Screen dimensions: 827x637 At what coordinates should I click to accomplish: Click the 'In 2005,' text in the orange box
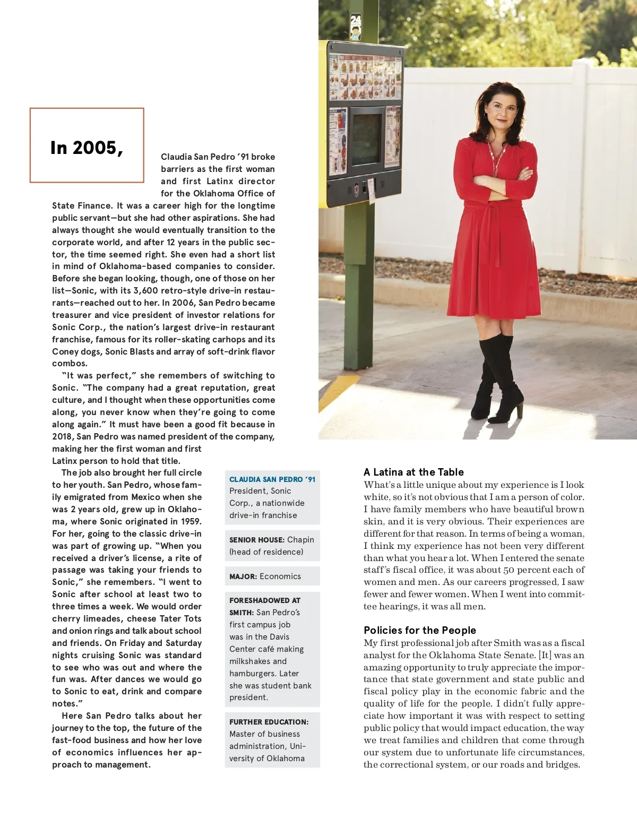coord(87,148)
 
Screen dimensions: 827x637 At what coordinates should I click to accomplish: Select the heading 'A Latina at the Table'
coord(414,472)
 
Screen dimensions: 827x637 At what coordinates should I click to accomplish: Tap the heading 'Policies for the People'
coord(419,630)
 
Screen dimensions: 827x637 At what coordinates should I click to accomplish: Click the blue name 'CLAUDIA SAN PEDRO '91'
coord(272,479)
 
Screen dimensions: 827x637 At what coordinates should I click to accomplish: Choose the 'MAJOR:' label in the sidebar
coord(243,576)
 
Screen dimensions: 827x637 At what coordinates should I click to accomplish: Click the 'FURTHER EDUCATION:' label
coord(269,722)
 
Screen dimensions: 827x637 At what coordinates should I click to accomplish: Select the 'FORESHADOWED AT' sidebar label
coord(264,600)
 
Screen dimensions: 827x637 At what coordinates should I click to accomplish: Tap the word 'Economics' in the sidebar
coord(280,576)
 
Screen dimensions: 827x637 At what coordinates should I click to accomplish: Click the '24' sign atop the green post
coord(356,22)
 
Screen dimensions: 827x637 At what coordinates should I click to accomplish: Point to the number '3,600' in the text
coord(145,290)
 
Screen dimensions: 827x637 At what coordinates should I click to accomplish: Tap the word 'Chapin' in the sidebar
coord(300,540)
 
